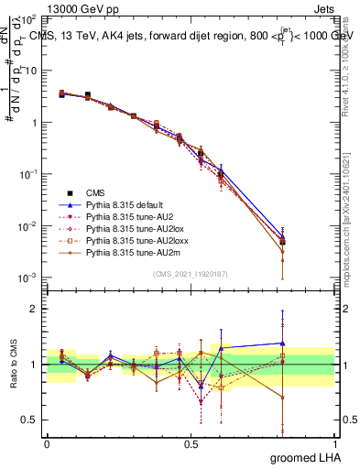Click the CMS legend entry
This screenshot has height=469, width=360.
95,193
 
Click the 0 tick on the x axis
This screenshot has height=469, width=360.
47,442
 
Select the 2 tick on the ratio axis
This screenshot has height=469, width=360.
37,309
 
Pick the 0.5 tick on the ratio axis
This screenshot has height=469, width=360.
33,420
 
